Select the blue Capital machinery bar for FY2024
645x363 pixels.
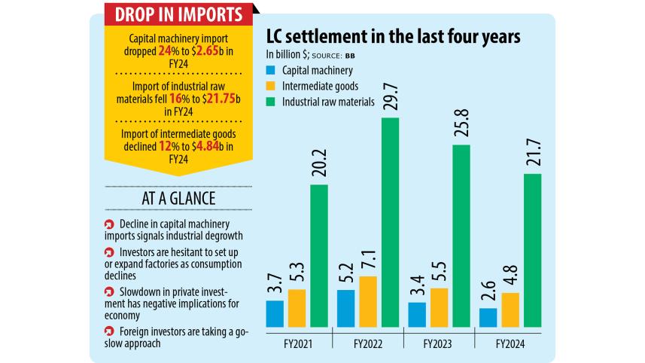487,318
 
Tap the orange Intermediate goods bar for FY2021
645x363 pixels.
297,308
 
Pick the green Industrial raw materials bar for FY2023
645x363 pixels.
460,236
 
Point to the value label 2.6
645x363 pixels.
487,292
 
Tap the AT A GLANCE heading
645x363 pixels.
173,198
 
